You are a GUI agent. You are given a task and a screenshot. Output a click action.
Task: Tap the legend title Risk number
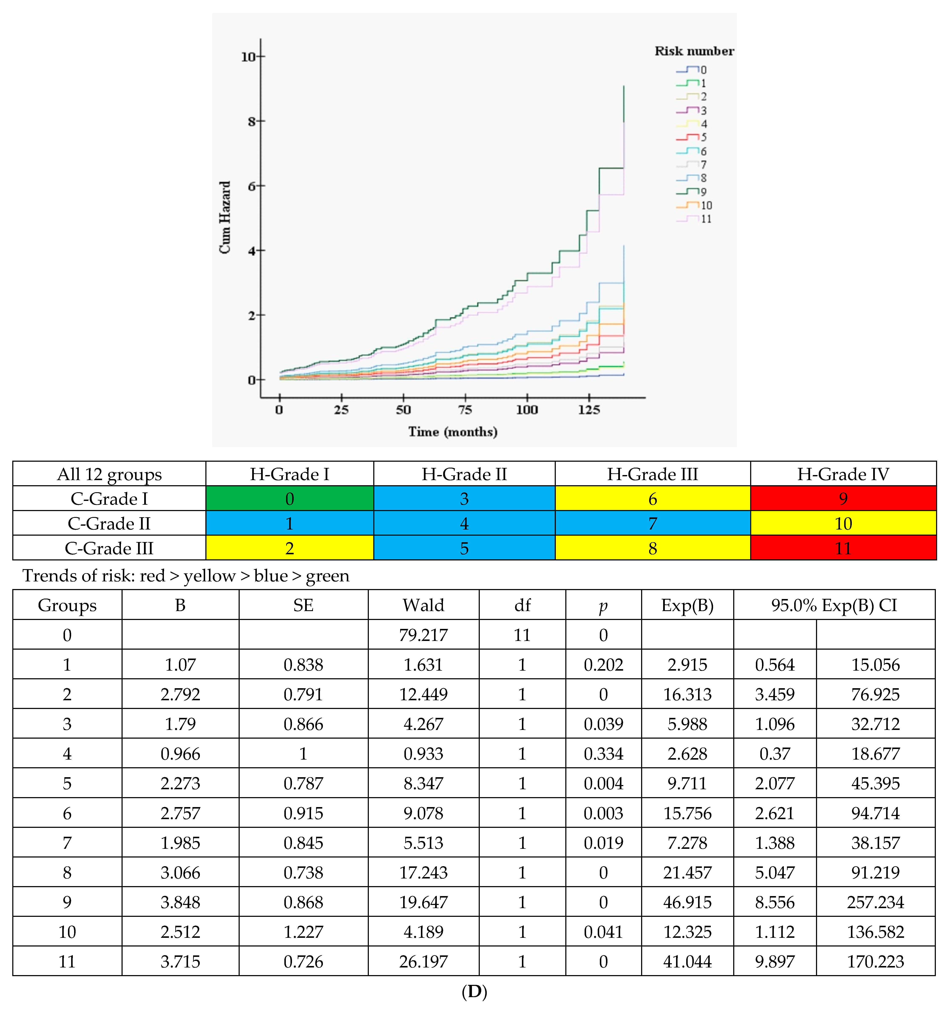694,51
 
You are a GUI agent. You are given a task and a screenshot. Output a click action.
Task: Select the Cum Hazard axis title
225,217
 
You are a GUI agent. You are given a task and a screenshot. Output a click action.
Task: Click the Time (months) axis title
452,432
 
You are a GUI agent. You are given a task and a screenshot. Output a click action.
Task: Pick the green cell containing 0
290,499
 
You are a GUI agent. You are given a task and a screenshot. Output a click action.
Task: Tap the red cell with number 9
843,499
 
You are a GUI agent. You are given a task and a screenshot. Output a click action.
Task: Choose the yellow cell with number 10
843,523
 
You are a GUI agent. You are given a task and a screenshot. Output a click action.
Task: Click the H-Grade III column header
652,474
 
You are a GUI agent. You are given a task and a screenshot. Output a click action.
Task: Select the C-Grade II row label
109,523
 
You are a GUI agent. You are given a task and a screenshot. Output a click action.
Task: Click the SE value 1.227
303,932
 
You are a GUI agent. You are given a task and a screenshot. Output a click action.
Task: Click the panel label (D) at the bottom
474,991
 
